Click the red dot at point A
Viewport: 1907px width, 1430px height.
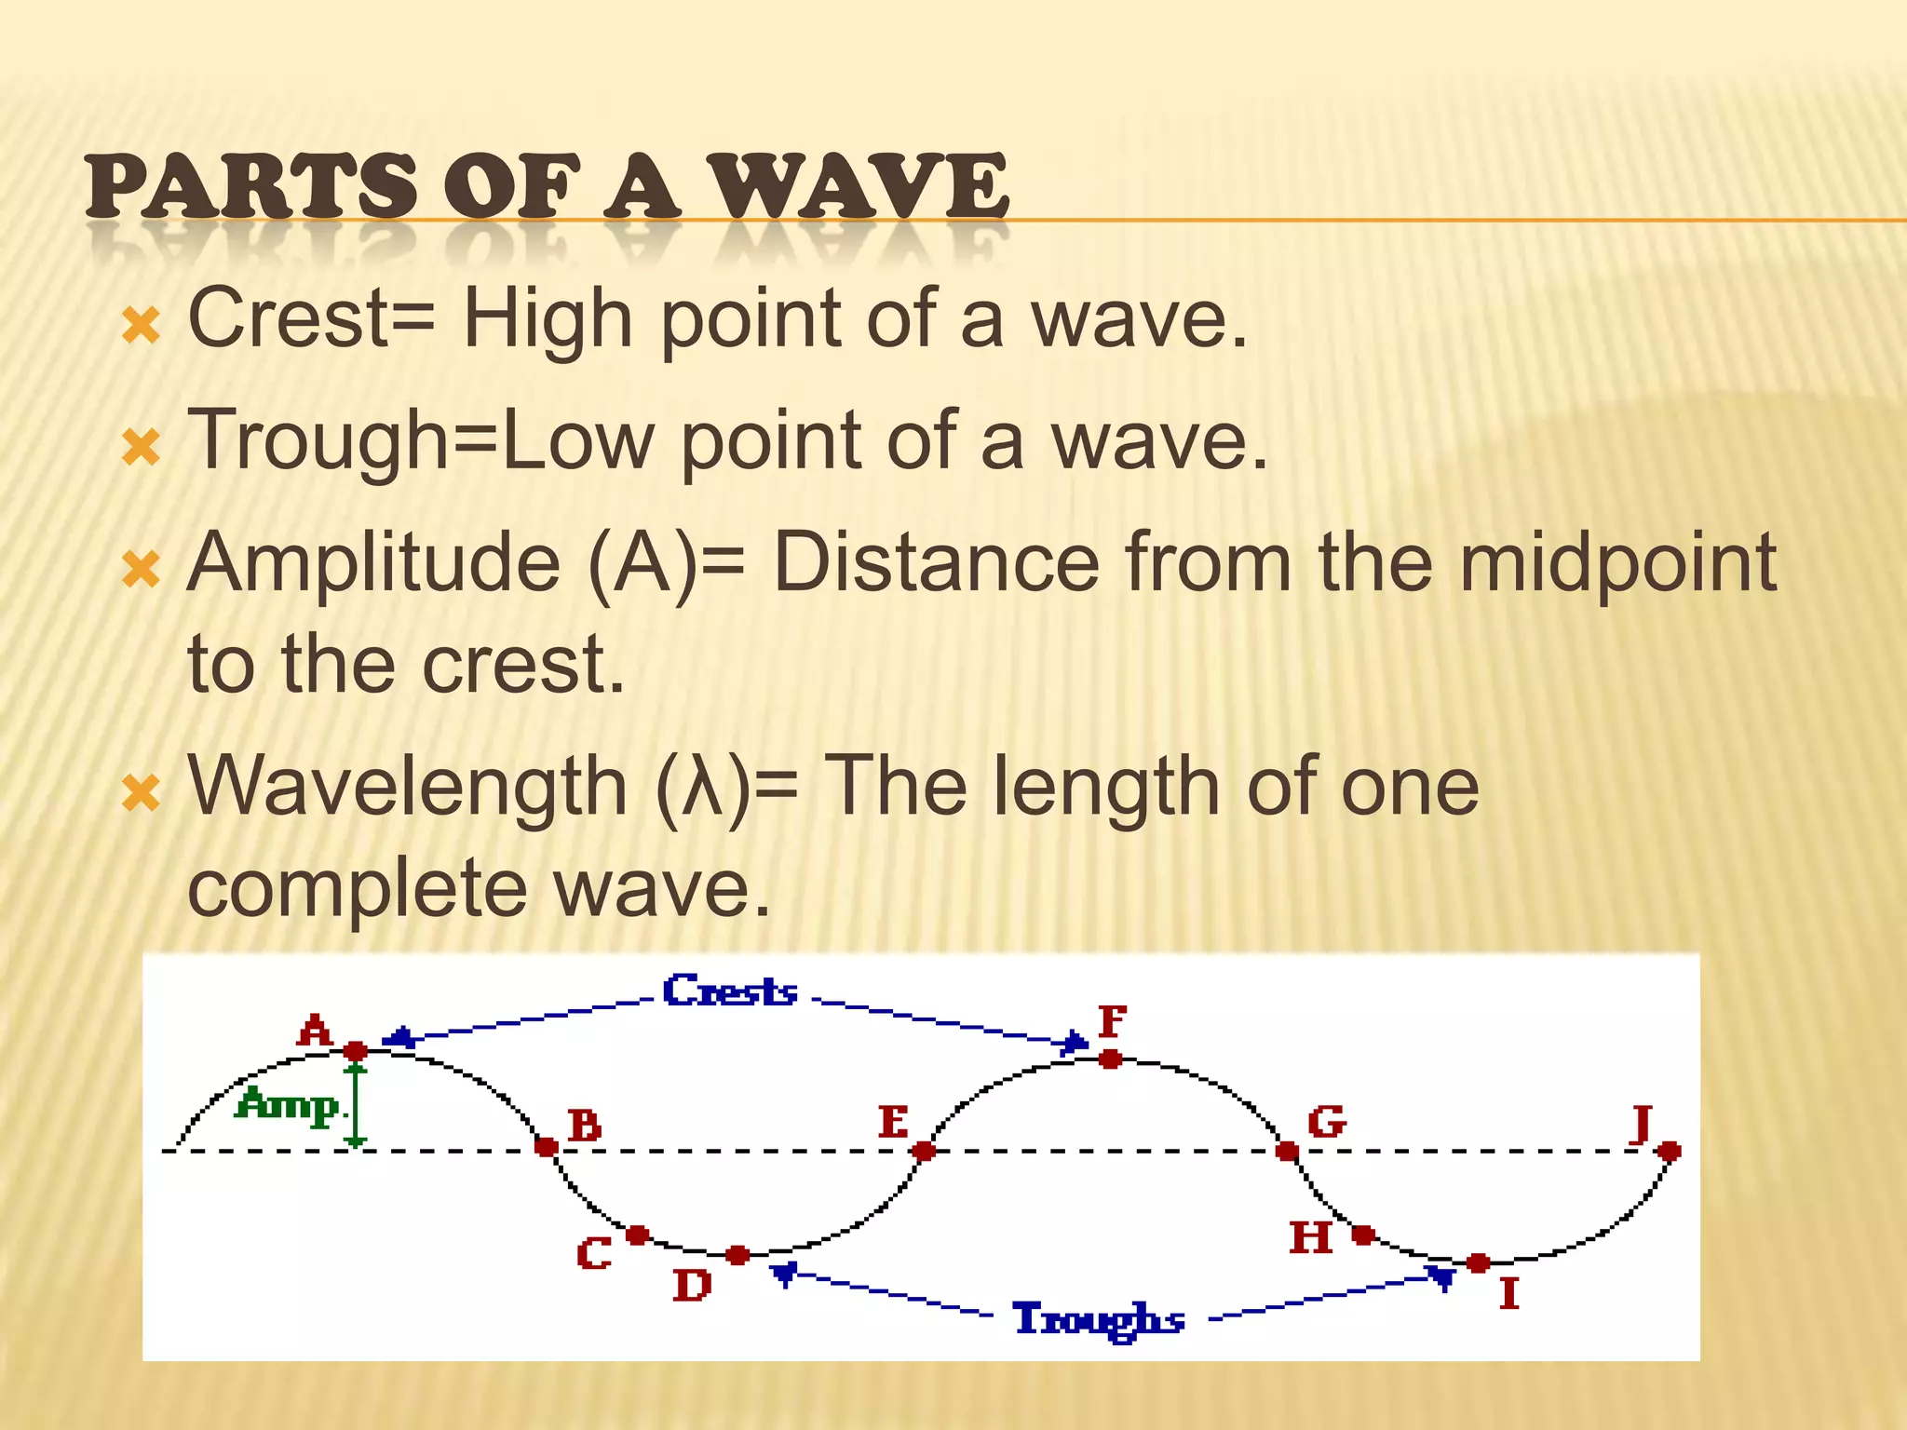(x=355, y=1051)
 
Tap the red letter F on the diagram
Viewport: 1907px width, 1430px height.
(x=1113, y=1021)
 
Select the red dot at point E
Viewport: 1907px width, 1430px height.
(x=924, y=1152)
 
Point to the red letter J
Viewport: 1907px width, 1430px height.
(x=1642, y=1124)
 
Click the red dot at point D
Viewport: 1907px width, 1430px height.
(x=737, y=1255)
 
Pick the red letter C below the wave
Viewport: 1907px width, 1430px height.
(x=594, y=1254)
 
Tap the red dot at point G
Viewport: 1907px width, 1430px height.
(x=1287, y=1152)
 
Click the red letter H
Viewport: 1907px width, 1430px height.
(x=1311, y=1238)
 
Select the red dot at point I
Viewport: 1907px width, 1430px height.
(x=1478, y=1263)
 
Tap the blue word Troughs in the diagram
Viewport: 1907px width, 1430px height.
(x=1099, y=1320)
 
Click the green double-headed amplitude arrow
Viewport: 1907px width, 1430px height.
(x=356, y=1105)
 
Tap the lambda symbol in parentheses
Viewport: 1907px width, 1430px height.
(x=703, y=788)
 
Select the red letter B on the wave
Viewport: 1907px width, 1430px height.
(x=585, y=1126)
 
